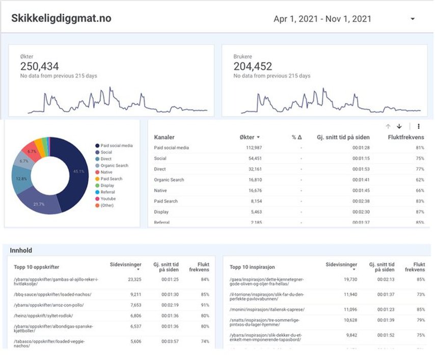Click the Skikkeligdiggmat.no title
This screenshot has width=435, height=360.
(61, 19)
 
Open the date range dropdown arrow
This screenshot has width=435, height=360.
(412, 19)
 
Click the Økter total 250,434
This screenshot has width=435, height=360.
(39, 66)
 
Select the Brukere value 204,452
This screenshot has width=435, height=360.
(253, 66)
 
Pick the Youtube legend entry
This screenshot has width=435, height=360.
(108, 199)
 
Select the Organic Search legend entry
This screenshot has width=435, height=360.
(114, 166)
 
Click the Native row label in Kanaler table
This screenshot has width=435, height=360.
(160, 191)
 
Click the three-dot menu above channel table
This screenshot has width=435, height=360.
(419, 126)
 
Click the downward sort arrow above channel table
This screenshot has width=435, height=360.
(399, 126)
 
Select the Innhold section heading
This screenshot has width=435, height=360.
(21, 250)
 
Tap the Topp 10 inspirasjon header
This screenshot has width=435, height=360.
(253, 267)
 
